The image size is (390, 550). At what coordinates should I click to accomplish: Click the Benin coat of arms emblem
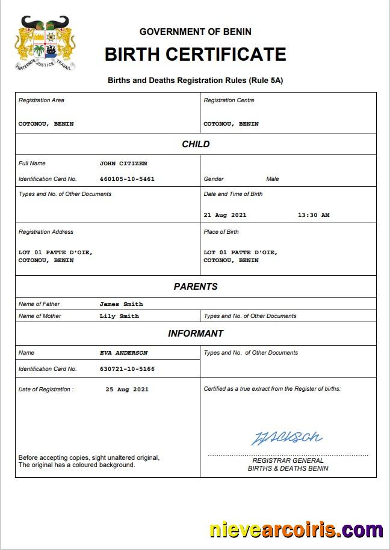point(45,43)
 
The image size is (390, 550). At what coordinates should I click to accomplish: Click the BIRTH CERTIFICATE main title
point(195,54)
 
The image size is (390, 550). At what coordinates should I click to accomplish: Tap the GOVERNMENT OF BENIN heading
point(195,31)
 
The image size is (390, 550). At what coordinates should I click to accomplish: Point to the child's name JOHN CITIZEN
point(123,163)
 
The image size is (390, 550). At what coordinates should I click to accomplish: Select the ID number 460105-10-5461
point(127,179)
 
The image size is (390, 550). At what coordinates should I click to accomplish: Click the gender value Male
point(273,179)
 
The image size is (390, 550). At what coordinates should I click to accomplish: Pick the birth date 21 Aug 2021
point(225,215)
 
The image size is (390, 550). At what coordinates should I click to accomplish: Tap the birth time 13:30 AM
point(314,215)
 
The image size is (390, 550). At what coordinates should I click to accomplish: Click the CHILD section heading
point(196,144)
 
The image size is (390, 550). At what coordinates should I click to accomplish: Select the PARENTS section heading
point(196,287)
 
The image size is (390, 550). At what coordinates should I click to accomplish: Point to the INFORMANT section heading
point(196,334)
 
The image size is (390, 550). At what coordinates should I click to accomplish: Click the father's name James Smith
point(121,304)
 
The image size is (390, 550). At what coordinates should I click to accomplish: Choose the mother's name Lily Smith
point(119,316)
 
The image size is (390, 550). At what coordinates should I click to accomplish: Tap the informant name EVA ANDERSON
point(123,353)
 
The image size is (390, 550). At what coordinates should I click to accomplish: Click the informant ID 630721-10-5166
point(127,369)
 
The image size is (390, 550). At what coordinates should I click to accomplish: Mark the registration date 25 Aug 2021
point(127,390)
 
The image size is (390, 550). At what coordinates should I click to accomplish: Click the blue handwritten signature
point(286,438)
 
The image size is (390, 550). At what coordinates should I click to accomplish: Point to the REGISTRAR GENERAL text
point(288,460)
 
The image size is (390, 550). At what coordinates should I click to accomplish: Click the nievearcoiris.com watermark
point(296,530)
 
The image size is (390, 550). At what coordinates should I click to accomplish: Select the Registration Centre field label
point(229,100)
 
